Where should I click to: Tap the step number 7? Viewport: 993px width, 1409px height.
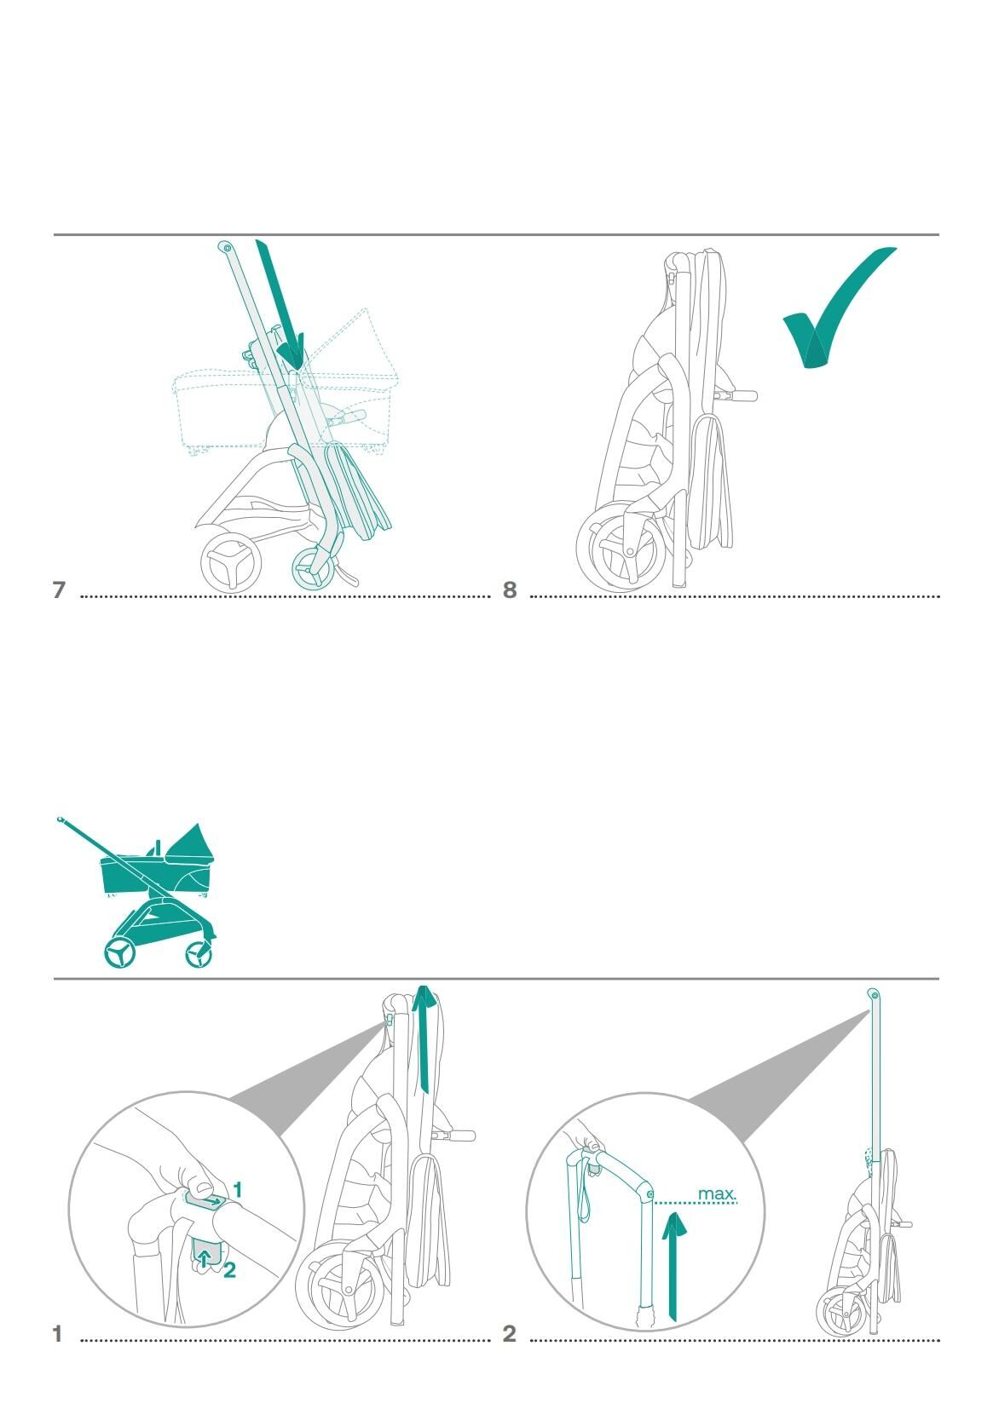pyautogui.click(x=59, y=589)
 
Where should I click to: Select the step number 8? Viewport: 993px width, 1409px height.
pyautogui.click(x=509, y=589)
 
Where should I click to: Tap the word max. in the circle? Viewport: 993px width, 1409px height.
pyautogui.click(x=716, y=1193)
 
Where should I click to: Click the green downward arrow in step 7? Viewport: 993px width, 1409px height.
pyautogui.click(x=280, y=304)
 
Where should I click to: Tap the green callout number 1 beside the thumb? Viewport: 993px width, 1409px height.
pyautogui.click(x=237, y=1189)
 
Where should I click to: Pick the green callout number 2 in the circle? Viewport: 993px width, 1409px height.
pyautogui.click(x=229, y=1270)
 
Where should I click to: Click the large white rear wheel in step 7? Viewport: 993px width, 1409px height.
pyautogui.click(x=230, y=561)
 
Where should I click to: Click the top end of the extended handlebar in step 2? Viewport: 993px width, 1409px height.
pyautogui.click(x=873, y=994)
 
